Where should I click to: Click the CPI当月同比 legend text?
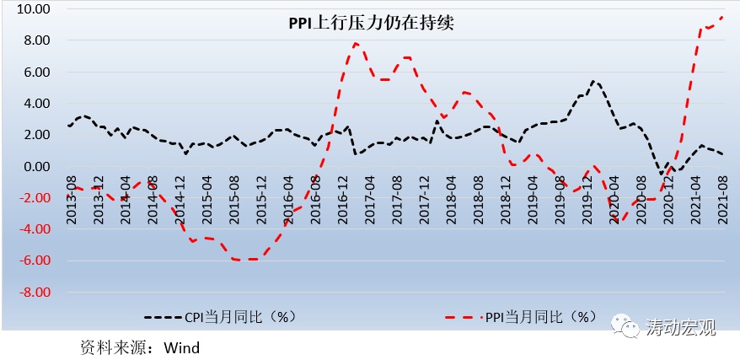pos(239,317)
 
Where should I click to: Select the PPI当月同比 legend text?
pos(540,317)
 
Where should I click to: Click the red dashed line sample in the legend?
pos(463,318)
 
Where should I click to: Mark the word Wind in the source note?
pos(182,347)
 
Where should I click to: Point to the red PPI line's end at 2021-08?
pos(723,17)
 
